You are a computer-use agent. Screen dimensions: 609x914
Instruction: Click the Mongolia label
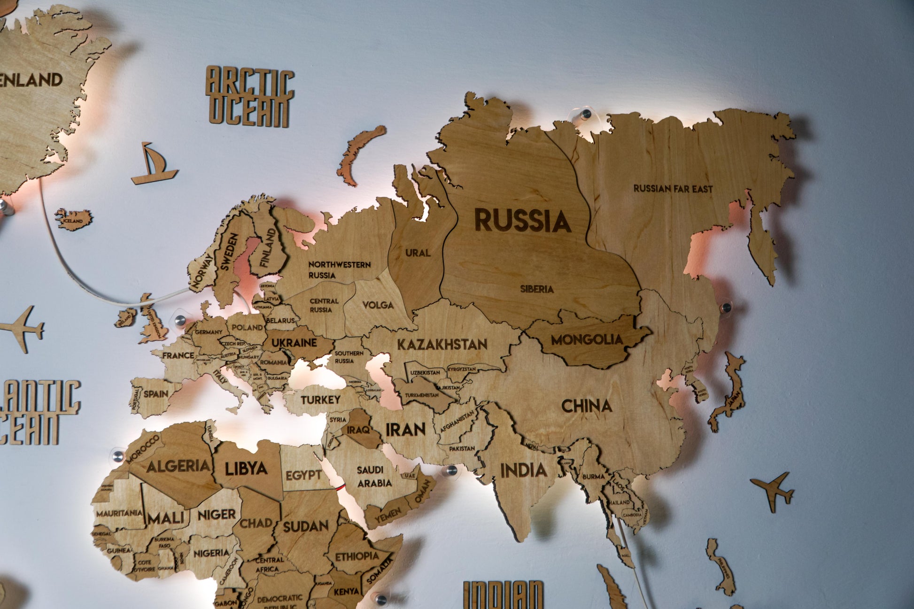pyautogui.click(x=587, y=339)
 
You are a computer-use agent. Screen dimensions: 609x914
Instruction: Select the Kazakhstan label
pyautogui.click(x=442, y=344)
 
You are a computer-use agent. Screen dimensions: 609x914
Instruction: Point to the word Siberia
pyautogui.click(x=536, y=289)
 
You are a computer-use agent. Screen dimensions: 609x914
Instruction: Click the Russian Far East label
pyautogui.click(x=673, y=189)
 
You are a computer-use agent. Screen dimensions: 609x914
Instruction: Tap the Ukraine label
pyautogui.click(x=294, y=342)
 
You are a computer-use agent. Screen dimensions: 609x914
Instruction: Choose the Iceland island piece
pyautogui.click(x=74, y=219)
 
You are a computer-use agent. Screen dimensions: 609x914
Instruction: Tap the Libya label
pyautogui.click(x=246, y=468)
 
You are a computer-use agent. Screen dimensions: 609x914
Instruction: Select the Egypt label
pyautogui.click(x=303, y=475)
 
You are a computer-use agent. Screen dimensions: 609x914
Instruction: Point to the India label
pyautogui.click(x=523, y=470)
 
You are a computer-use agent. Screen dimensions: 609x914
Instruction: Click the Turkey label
pyautogui.click(x=320, y=400)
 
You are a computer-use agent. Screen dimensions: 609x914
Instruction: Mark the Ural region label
pyautogui.click(x=418, y=253)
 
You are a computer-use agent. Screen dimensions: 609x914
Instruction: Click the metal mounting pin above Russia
pyautogui.click(x=586, y=114)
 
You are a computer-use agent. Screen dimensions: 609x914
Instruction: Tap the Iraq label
pyautogui.click(x=357, y=430)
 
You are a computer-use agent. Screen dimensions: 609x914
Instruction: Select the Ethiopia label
pyautogui.click(x=356, y=556)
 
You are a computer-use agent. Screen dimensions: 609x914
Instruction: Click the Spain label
pyautogui.click(x=156, y=394)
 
